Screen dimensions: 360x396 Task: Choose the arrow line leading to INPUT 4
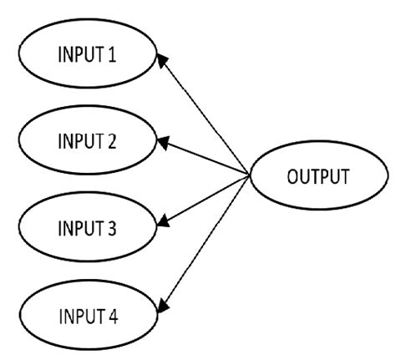pos(205,242)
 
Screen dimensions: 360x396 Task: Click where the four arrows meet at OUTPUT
pos(249,176)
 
